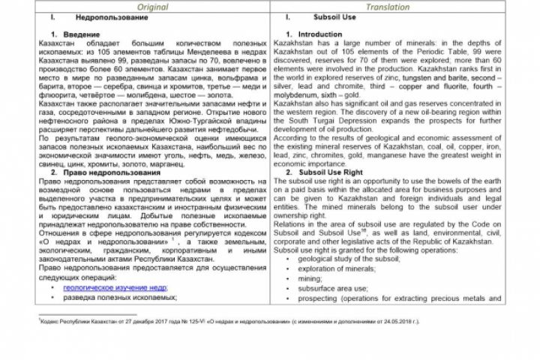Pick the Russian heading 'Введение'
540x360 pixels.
coord(81,34)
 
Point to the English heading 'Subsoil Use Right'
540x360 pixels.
coord(334,172)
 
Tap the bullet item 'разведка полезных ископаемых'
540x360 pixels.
coord(119,297)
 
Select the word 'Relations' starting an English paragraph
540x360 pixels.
coord(291,223)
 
